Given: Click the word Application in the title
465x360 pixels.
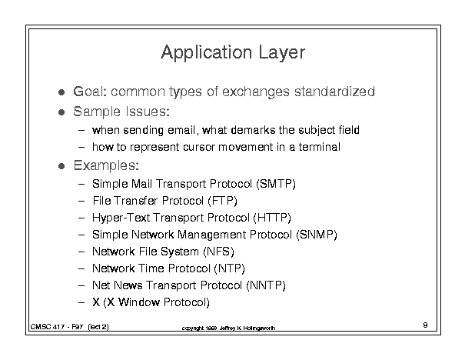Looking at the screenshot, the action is [207, 53].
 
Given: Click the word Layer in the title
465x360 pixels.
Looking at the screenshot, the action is [282, 53].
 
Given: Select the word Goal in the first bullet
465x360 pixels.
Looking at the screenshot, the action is [88, 92].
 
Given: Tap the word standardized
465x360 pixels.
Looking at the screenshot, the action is [334, 92].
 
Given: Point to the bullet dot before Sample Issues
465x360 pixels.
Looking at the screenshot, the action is [61, 112].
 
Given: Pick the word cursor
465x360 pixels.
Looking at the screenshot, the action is [199, 147].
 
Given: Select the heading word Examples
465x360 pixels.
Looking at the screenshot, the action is [106, 165].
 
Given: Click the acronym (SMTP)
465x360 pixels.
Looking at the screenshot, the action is [276, 184].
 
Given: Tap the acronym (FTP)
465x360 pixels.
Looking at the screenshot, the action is [222, 201].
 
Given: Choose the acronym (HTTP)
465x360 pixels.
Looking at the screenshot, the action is [272, 218].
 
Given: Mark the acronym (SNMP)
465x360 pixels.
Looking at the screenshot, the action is [317, 235].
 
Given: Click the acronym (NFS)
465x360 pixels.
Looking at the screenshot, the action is [218, 252].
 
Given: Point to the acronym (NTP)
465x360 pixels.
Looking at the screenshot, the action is [229, 268].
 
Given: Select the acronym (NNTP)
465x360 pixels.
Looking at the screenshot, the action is [266, 285].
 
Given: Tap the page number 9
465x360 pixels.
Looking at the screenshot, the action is [425, 325].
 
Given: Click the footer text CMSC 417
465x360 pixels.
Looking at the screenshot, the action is [48, 327].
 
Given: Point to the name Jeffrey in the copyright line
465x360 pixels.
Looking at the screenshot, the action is [228, 328].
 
